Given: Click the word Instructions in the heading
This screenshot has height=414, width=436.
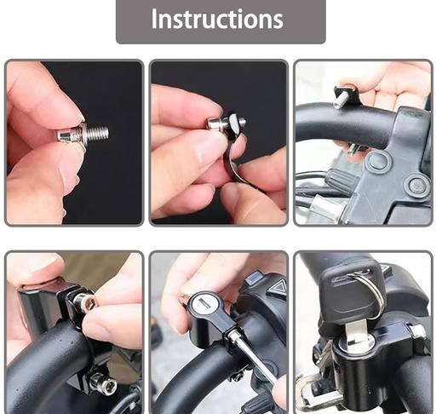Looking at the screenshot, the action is point(217,19).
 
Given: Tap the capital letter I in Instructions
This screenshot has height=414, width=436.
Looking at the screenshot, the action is point(154,19).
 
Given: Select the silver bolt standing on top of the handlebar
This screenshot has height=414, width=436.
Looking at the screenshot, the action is point(338,101).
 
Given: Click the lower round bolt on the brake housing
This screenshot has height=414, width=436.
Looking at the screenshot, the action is point(416,187).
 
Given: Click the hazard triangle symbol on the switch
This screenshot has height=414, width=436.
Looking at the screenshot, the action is point(275,287).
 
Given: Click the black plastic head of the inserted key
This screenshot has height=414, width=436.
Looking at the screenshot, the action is point(350,287).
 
